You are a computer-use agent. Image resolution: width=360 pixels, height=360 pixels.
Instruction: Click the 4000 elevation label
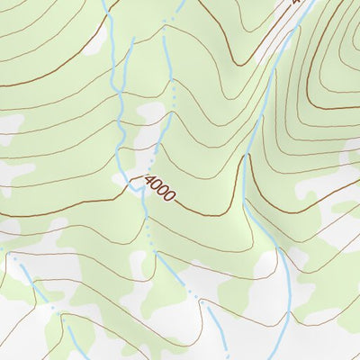pos(159,187)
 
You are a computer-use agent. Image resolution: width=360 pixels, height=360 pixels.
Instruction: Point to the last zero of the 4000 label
pos(169,195)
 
